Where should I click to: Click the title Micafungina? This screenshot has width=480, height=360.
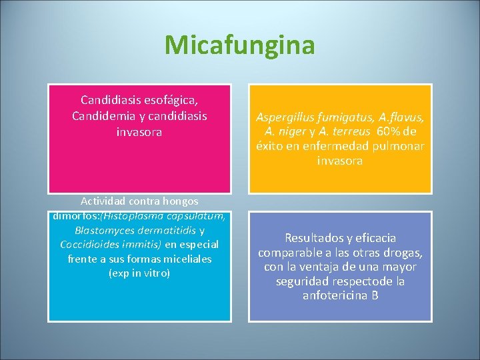coord(239,45)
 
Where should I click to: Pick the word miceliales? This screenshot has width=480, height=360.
coord(185,259)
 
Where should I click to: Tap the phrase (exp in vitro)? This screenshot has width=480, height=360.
coord(139,273)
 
